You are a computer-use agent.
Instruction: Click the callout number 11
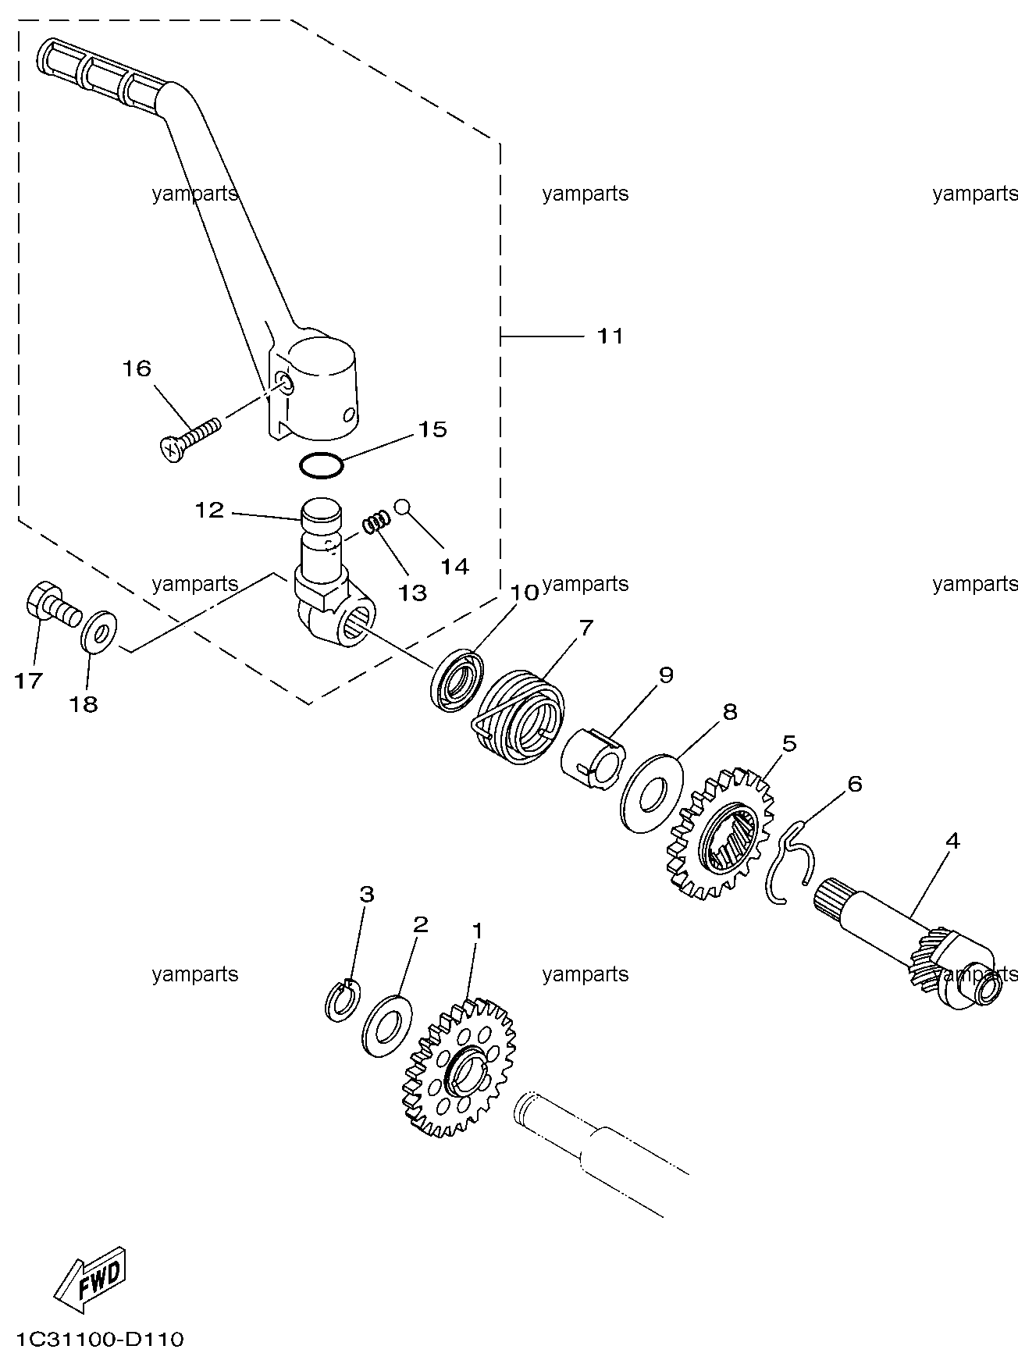(610, 336)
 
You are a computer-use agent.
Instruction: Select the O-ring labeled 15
(321, 466)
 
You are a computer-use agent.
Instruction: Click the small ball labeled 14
(402, 506)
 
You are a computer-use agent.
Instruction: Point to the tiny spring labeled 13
(376, 521)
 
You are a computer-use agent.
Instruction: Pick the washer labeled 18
(99, 629)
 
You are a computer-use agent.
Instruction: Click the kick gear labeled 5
(719, 832)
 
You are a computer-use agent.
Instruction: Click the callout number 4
(952, 842)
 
